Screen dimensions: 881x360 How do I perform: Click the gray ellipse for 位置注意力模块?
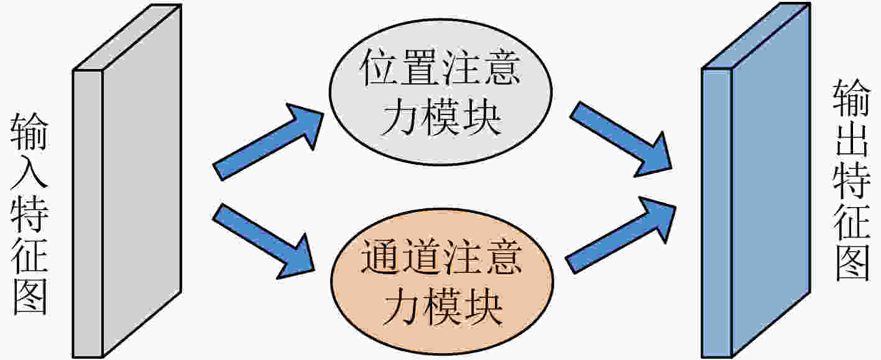click(x=440, y=92)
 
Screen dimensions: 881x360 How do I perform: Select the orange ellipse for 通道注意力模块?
click(x=442, y=282)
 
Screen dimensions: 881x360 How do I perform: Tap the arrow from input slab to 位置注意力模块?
click(x=268, y=142)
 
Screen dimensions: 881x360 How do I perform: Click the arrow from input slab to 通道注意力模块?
click(x=264, y=241)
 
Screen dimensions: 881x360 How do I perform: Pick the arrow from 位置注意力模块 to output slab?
click(x=620, y=139)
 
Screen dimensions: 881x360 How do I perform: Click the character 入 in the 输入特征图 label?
click(x=29, y=172)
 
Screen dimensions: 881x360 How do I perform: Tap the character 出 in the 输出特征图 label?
click(x=852, y=138)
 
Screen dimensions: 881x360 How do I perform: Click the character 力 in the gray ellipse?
click(x=400, y=117)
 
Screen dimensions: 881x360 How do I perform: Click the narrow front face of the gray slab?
click(x=88, y=214)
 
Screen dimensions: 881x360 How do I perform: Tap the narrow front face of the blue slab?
click(x=717, y=213)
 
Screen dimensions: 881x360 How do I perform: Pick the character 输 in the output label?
click(x=852, y=97)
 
